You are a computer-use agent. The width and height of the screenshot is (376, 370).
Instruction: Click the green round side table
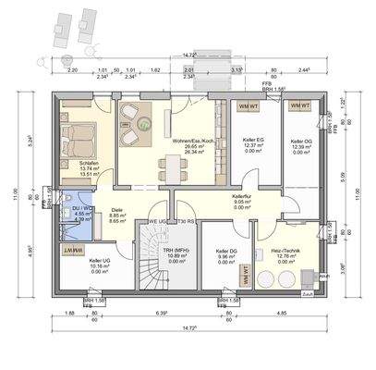pos(147,122)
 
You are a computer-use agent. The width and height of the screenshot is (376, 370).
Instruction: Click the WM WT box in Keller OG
pos(300,107)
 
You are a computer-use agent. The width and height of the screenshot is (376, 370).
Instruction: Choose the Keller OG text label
pos(301,142)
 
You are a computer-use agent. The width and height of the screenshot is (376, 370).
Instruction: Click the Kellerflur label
pos(242,198)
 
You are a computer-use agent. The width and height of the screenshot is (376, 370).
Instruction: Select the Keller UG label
pos(101,261)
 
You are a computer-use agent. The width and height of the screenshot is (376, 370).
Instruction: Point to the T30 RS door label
pos(186,222)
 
